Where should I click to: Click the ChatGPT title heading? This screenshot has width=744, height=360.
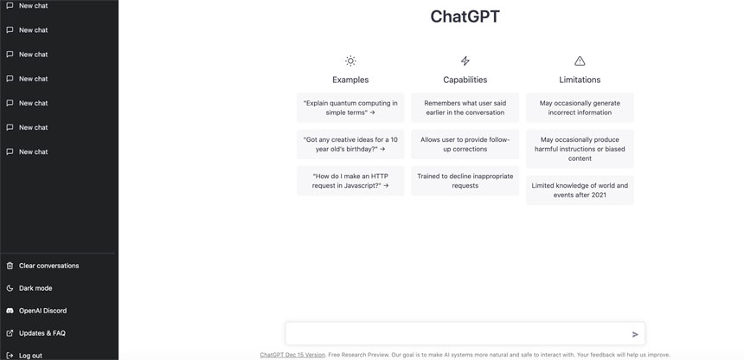465,16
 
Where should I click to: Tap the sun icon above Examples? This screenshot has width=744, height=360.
350,61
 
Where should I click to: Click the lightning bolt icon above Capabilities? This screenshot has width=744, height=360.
465,61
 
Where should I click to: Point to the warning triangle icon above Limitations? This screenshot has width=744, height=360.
580,61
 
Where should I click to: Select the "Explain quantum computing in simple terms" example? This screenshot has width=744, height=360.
350,107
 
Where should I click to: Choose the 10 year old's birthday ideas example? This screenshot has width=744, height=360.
350,144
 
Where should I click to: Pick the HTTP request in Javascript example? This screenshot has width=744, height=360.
350,180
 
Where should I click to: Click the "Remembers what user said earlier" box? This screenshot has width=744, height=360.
465,107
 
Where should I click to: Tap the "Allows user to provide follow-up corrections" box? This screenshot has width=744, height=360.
465,144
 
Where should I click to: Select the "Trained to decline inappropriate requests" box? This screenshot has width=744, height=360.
465,180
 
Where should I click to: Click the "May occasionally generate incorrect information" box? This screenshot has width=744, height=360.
580,107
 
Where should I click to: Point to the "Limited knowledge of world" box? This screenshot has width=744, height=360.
580,190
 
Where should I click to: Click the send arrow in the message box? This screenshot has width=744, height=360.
635,334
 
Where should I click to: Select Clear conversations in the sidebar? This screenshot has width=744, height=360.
48,266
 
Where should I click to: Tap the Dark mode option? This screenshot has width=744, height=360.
35,288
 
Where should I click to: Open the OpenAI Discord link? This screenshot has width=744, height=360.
42,311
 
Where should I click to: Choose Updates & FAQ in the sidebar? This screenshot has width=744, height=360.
42,333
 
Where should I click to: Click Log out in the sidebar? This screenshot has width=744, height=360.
30,355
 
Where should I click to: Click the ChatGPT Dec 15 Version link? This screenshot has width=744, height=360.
292,354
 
